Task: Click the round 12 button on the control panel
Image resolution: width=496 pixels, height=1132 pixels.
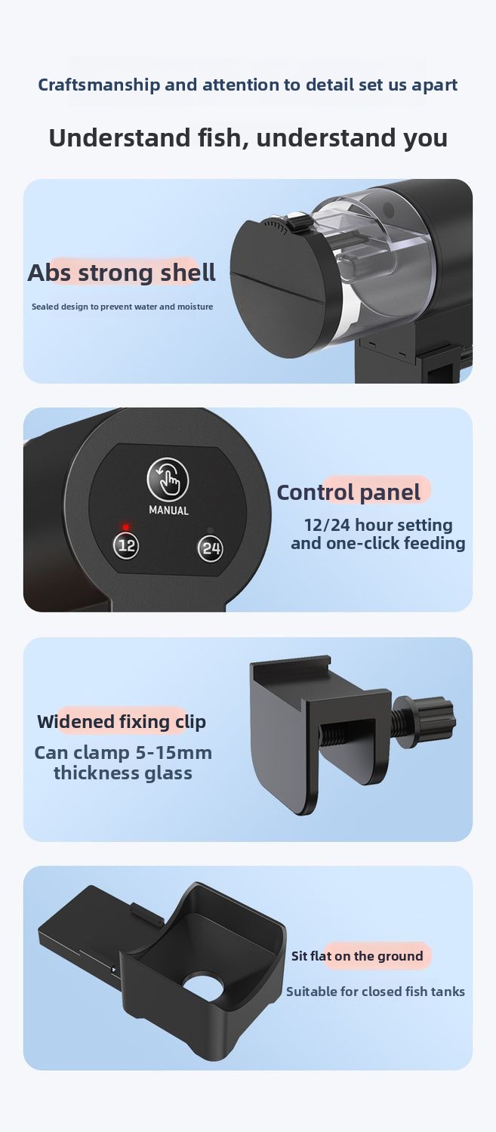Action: point(126,545)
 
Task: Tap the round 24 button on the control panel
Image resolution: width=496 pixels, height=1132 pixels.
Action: point(210,547)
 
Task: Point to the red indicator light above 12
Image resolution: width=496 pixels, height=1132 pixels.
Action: point(126,527)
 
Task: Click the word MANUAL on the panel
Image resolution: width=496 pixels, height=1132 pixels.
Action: point(168,510)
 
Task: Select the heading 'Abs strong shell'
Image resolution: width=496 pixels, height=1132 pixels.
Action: point(122,273)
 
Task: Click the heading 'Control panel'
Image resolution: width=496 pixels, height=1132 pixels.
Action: point(349,492)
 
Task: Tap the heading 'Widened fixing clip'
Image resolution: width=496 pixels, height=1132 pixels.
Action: point(122,722)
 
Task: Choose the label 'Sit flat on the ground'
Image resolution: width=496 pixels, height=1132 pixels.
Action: point(357,955)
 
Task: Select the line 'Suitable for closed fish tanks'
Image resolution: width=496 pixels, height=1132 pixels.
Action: point(375,992)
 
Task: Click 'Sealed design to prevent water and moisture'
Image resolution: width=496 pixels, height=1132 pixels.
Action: point(122,307)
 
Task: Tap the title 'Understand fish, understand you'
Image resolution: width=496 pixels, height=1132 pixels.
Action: point(248,137)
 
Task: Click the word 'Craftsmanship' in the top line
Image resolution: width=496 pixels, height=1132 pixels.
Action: point(99,85)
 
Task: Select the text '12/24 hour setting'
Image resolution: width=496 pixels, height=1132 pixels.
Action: point(378,525)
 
